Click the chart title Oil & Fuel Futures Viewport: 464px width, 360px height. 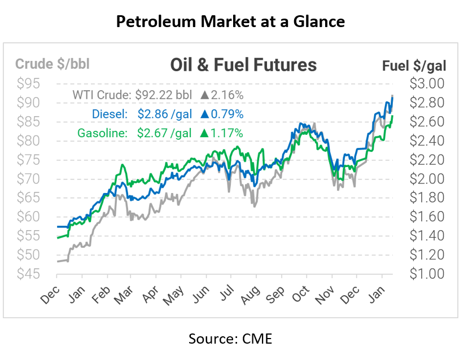243,65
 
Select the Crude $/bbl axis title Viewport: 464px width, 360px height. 52,64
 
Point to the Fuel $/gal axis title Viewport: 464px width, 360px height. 414,65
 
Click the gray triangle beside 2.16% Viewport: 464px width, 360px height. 205,95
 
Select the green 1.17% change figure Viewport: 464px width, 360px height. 227,133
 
